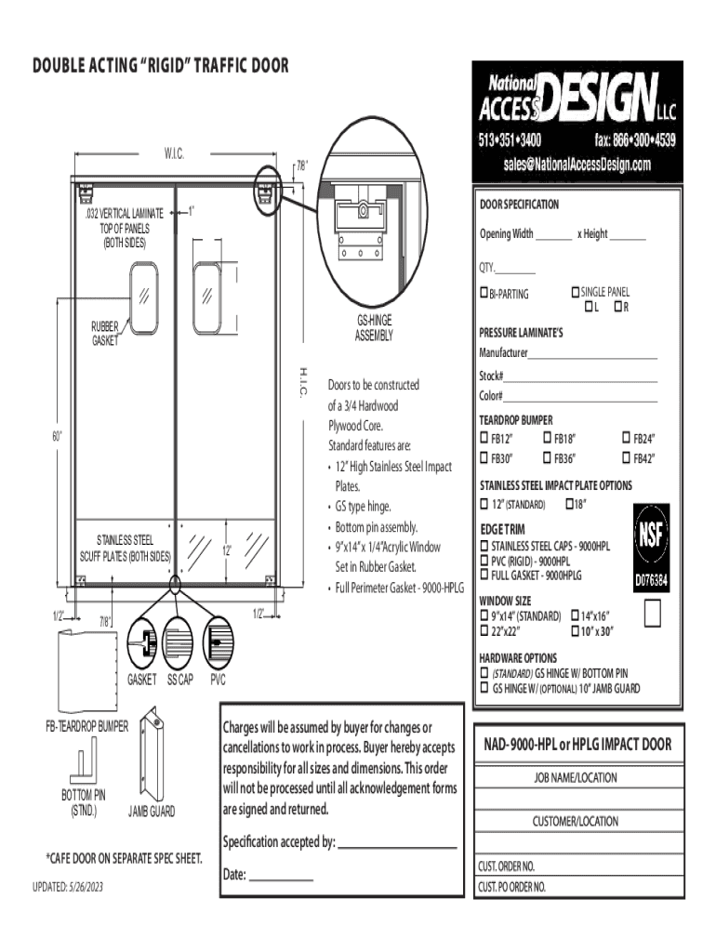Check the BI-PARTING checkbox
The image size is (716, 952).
coord(484,293)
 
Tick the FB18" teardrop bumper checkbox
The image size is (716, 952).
coord(547,437)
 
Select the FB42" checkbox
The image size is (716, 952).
coord(626,437)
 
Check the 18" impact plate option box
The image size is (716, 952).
coord(570,503)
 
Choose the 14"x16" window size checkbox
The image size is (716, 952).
coord(575,615)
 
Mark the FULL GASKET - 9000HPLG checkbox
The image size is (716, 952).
coord(484,574)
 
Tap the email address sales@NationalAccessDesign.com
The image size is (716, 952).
coord(577,164)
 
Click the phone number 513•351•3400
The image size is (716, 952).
coord(510,140)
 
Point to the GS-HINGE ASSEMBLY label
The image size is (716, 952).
coord(374,328)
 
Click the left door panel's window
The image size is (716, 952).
coord(144,298)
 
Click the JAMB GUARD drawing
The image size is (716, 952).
coord(152,753)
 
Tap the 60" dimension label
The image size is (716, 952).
coord(57,436)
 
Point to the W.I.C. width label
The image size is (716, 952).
coord(174,153)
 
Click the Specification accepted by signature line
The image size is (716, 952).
coord(397,848)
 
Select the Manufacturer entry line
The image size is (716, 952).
coord(592,359)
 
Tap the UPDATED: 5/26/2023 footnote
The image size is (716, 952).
coord(68,887)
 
